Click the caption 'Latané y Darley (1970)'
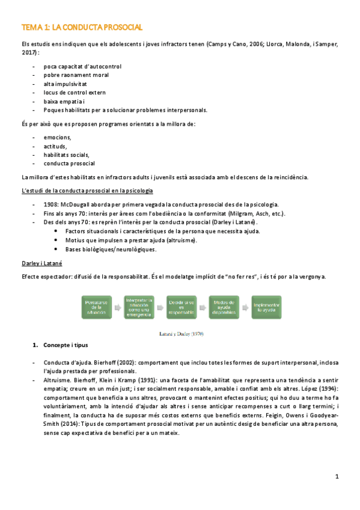180,332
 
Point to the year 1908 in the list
52,205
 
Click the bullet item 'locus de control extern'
75,92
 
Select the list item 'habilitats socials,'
66,155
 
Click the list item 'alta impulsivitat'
67,84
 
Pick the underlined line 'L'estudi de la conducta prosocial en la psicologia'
87,191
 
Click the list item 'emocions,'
58,138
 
